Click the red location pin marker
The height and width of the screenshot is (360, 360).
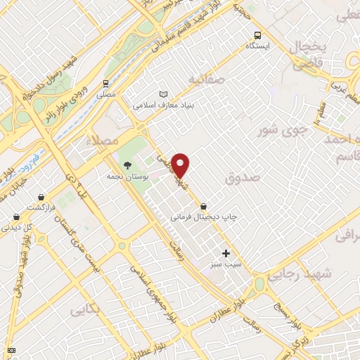pyautogui.click(x=181, y=166)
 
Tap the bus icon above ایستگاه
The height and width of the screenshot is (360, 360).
pyautogui.click(x=258, y=34)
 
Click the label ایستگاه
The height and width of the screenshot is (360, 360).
pyautogui.click(x=258, y=46)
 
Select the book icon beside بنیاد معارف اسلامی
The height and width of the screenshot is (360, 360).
pyautogui.click(x=164, y=94)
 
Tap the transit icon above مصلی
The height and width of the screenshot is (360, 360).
pyautogui.click(x=105, y=84)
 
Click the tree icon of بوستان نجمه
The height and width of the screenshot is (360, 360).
pyautogui.click(x=127, y=165)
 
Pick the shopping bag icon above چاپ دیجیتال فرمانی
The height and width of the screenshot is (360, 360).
pyautogui.click(x=203, y=207)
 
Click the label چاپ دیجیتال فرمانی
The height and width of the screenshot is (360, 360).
pyautogui.click(x=203, y=218)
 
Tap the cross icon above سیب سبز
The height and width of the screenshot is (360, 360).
pyautogui.click(x=226, y=253)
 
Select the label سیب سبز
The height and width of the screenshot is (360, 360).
pyautogui.click(x=225, y=264)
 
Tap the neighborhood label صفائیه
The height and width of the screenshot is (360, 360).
pyautogui.click(x=204, y=80)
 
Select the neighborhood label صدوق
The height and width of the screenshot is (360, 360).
pyautogui.click(x=243, y=179)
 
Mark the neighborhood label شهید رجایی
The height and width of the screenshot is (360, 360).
pyautogui.click(x=294, y=275)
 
